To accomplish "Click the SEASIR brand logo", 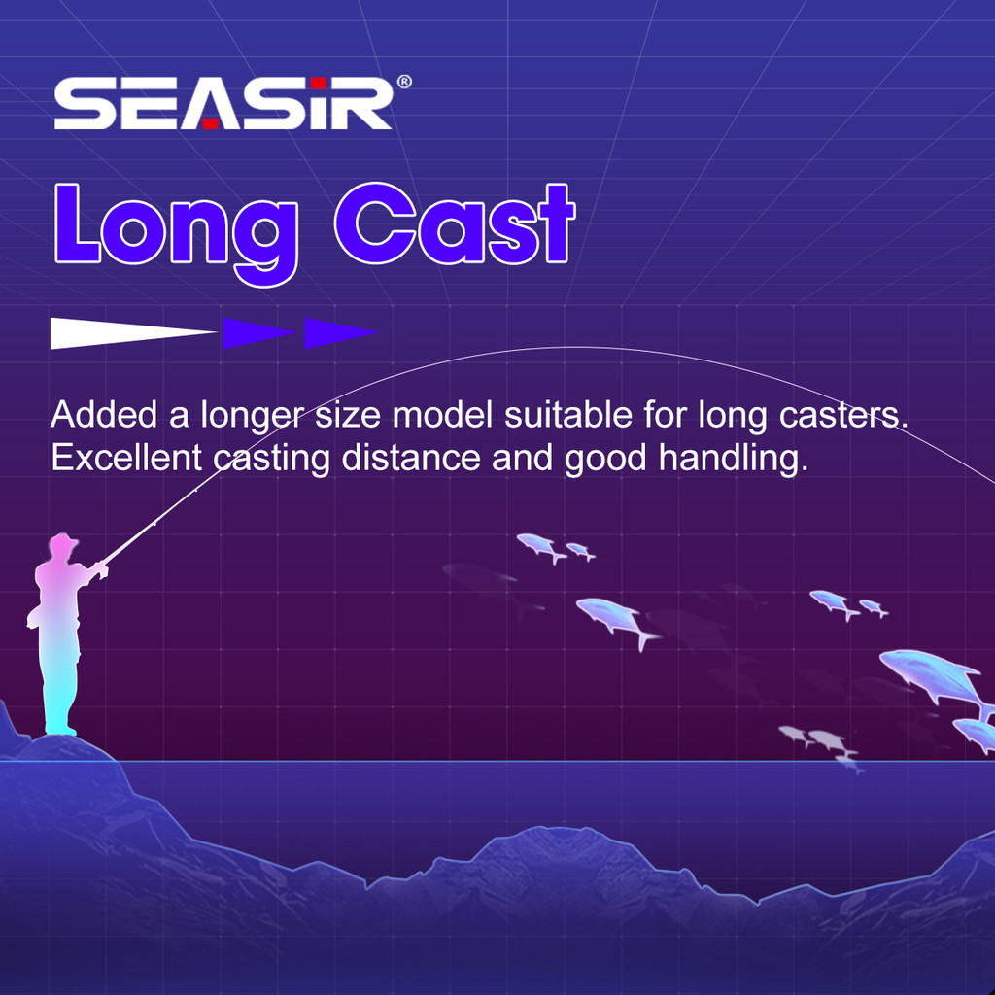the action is pyautogui.click(x=223, y=103).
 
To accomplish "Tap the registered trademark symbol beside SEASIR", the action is pyautogui.click(x=404, y=82).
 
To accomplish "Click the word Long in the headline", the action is pyautogui.click(x=177, y=232).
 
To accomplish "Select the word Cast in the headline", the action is pyautogui.click(x=455, y=223).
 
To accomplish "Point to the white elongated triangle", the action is pyautogui.click(x=133, y=332).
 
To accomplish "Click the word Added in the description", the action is pyautogui.click(x=103, y=415).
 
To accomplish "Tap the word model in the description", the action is pyautogui.click(x=442, y=415).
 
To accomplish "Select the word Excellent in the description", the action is pyautogui.click(x=126, y=458).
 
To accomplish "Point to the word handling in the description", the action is pyautogui.click(x=734, y=460).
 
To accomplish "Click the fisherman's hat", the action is pyautogui.click(x=63, y=543).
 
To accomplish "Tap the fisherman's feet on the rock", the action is pyautogui.click(x=61, y=730).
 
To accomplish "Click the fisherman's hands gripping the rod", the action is pyautogui.click(x=101, y=567).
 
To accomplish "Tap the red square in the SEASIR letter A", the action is pyautogui.click(x=210, y=123).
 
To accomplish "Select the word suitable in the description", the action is pyautogui.click(x=567, y=415).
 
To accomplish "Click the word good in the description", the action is pyautogui.click(x=605, y=460).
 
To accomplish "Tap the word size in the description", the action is pyautogui.click(x=348, y=416).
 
